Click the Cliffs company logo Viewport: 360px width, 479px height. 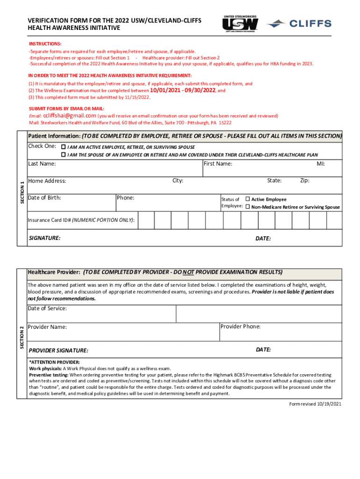point(302,23)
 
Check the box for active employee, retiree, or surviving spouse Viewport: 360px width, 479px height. point(64,146)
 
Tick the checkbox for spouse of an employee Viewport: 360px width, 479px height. point(64,154)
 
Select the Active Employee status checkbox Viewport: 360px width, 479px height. point(248,199)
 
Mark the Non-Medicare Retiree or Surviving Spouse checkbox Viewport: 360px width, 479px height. point(248,207)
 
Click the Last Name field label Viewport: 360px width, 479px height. point(42,164)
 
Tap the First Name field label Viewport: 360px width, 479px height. point(218,164)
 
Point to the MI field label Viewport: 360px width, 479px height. point(321,164)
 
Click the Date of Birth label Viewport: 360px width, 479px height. point(44,198)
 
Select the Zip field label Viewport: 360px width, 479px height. point(304,181)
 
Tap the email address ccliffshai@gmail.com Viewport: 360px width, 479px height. point(70,116)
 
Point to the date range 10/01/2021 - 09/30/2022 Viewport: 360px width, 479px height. point(183,91)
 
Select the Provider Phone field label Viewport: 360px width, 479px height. point(240,327)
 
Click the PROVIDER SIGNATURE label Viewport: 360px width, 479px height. point(58,350)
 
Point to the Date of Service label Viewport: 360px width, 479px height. point(47,309)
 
